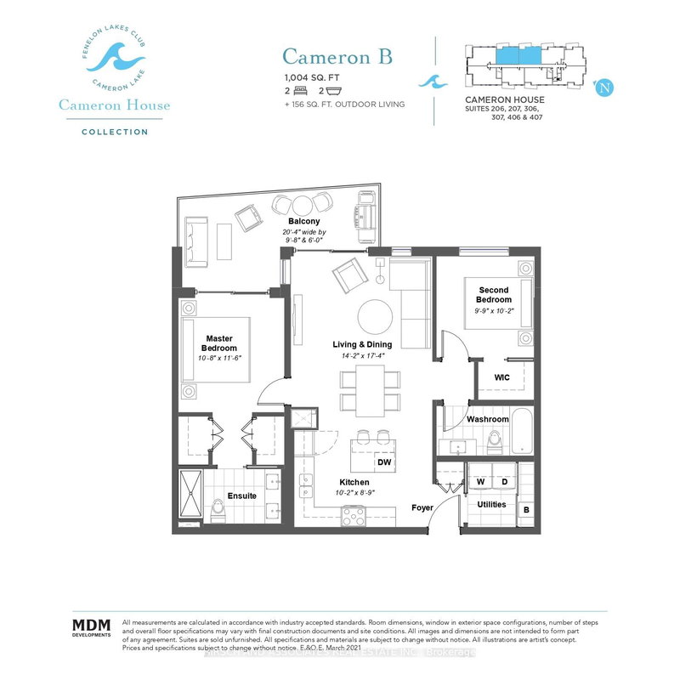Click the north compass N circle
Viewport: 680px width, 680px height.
(x=604, y=86)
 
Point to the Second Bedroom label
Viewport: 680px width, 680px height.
(x=493, y=294)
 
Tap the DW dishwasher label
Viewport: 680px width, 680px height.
(x=384, y=463)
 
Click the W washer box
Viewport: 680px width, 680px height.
(x=479, y=481)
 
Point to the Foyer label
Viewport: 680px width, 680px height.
(x=422, y=508)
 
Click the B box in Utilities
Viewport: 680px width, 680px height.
(x=526, y=511)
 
